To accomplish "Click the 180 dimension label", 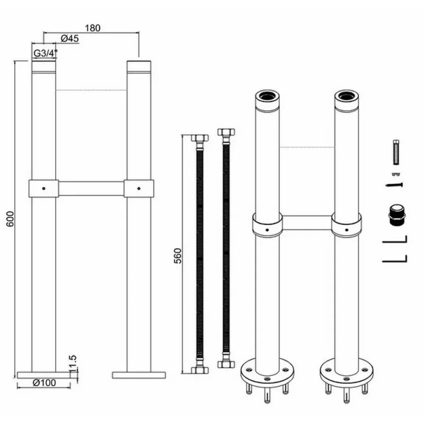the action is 92,28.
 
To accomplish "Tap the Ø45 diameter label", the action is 70,38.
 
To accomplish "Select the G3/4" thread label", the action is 45,54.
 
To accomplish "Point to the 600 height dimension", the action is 10,219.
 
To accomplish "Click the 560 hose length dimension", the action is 178,256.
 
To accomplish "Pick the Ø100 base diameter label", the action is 44,383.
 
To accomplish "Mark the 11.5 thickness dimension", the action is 73,364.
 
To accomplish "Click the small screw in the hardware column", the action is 394,185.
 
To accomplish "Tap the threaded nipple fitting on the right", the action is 396,215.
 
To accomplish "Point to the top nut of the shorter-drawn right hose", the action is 226,132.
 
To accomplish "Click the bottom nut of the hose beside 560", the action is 200,370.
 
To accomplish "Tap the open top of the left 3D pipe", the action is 267,95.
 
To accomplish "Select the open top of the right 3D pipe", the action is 347,95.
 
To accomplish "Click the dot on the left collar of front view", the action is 44,188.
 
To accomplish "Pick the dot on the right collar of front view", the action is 139,188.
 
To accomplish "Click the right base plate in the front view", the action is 139,375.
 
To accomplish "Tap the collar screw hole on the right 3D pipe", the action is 347,230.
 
